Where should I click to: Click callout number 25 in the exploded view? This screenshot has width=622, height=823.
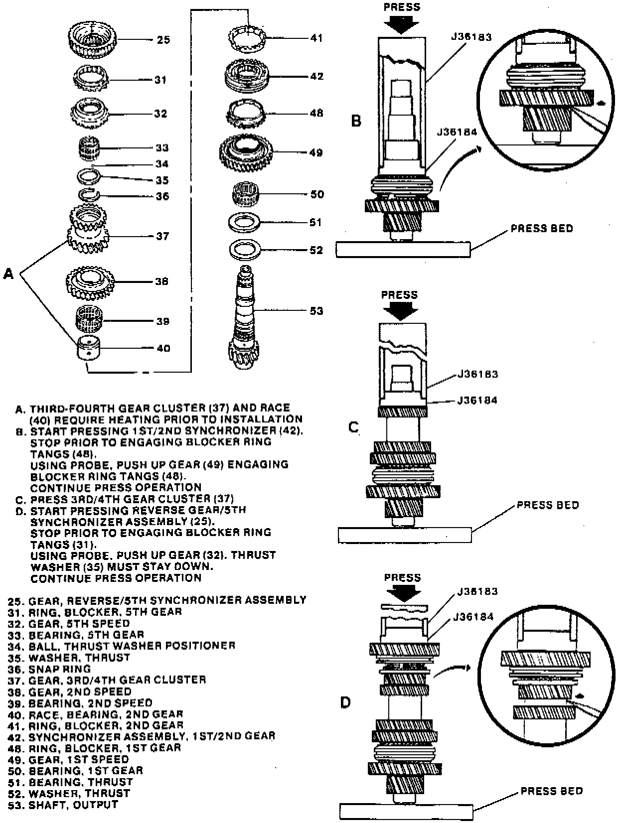[x=163, y=39]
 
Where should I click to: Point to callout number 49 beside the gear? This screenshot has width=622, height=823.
[x=315, y=152]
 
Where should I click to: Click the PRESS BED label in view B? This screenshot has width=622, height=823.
[x=542, y=229]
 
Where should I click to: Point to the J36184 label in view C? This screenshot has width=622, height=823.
[x=477, y=400]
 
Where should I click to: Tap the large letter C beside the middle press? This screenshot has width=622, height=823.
[x=353, y=427]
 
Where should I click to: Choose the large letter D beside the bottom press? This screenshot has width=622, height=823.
[x=345, y=702]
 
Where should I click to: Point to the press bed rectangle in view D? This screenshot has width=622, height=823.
[x=406, y=811]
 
